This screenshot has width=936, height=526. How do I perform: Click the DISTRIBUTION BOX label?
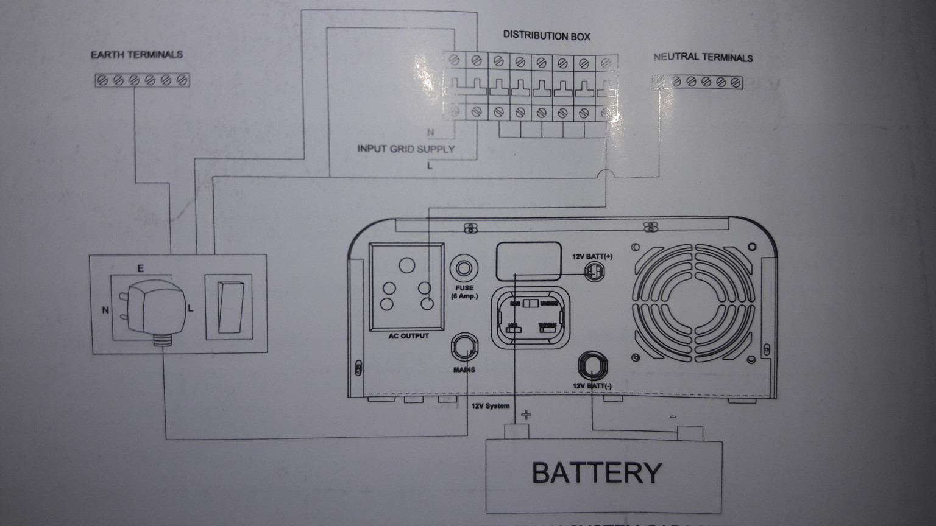pyautogui.click(x=547, y=35)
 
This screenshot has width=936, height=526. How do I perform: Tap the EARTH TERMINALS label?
pyautogui.click(x=136, y=54)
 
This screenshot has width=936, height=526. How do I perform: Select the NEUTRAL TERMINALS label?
pyautogui.click(x=703, y=57)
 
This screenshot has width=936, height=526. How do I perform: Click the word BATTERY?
pyautogui.click(x=597, y=472)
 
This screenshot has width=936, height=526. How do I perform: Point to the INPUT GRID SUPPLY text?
pyautogui.click(x=406, y=149)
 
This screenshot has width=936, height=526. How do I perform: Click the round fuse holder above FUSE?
pyautogui.click(x=464, y=268)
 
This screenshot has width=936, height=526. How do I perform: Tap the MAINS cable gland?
pyautogui.click(x=464, y=347)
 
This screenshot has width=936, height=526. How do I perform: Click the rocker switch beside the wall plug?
pyautogui.click(x=227, y=307)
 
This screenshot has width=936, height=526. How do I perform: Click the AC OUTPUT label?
pyautogui.click(x=408, y=336)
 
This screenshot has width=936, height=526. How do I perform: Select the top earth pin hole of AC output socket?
pyautogui.click(x=406, y=265)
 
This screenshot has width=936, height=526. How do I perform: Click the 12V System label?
pyautogui.click(x=490, y=406)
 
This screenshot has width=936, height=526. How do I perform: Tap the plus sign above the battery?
pyautogui.click(x=526, y=415)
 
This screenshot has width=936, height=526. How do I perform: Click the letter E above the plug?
pyautogui.click(x=140, y=268)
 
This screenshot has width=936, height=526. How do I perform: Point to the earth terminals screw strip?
pyautogui.click(x=143, y=80)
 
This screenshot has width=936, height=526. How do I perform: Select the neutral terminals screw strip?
pyautogui.click(x=698, y=82)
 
